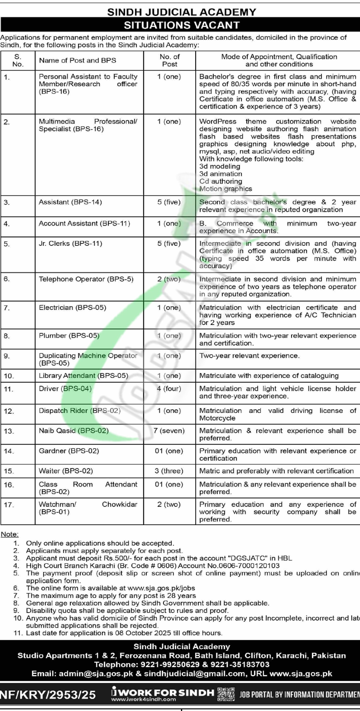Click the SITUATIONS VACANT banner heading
[x=181, y=25]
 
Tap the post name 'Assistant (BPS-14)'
[x=70, y=202]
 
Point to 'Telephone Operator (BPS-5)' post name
[x=86, y=279]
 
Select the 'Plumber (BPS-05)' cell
[x=69, y=336]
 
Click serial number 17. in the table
[x=9, y=505]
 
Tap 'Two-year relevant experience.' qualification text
[x=249, y=355]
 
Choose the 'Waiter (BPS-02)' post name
[x=66, y=471]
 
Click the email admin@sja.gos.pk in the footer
[x=96, y=674]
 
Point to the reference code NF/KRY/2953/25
[x=48, y=695]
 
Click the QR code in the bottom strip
[x=226, y=694]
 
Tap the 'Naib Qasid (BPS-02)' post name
[x=74, y=431]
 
